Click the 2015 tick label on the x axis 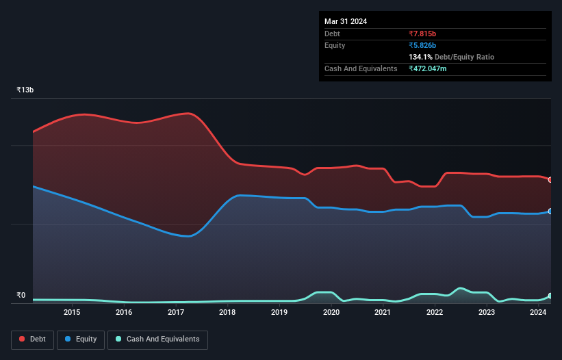click(72, 313)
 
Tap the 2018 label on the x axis click(227, 313)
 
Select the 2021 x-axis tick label click(383, 313)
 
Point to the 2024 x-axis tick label click(538, 313)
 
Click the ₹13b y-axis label click(25, 90)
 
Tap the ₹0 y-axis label click(21, 296)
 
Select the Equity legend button click(81, 339)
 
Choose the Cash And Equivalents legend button click(157, 339)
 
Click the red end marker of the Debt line click(550, 180)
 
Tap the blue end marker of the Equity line click(550, 211)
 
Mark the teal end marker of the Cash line click(550, 296)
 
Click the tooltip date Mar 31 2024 click(346, 21)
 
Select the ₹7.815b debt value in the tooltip click(422, 34)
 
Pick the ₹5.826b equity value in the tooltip click(422, 45)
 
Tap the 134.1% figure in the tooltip click(420, 57)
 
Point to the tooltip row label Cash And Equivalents click(361, 68)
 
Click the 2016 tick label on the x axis click(124, 313)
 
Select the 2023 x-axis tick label click(486, 313)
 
